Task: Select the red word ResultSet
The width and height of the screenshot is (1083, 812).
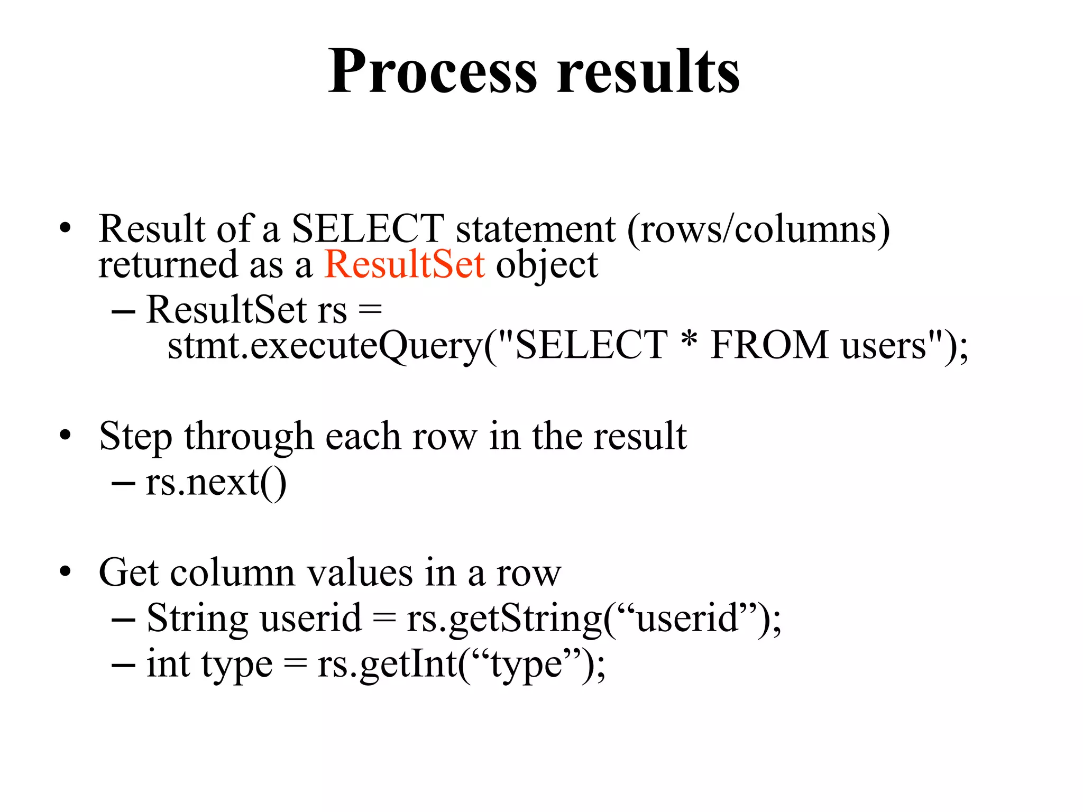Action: coord(405,264)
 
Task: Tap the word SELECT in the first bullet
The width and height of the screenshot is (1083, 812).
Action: coord(368,228)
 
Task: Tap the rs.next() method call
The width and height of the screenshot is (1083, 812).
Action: coord(216,483)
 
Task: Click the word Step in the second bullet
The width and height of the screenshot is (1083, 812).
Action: coord(135,437)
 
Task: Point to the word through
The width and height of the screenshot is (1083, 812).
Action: coord(249,437)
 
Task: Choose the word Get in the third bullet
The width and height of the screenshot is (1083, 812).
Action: coord(129,573)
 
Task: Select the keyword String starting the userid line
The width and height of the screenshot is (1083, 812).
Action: coord(196,619)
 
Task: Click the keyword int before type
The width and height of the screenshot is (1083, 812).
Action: coord(168,664)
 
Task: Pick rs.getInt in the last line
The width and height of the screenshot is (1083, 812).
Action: coord(388,664)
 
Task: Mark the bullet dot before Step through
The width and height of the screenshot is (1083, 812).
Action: coord(65,436)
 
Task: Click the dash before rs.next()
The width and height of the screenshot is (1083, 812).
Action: coord(123,483)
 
